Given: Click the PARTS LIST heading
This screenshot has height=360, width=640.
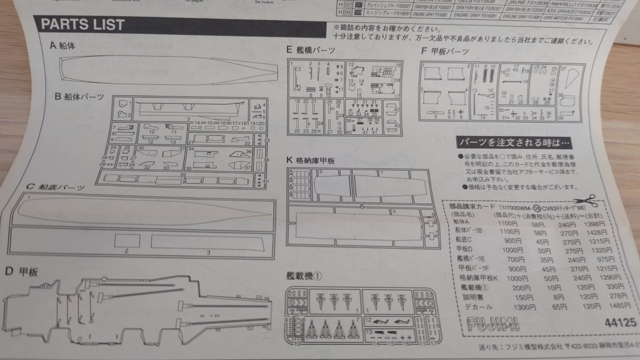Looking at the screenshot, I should [83, 24].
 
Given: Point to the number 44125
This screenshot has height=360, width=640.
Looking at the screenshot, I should [620, 323].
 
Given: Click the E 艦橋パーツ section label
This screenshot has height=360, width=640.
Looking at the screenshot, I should [310, 50].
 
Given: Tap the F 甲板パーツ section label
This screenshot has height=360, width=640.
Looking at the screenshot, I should [445, 51].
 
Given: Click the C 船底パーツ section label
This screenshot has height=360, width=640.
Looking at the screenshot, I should [55, 187].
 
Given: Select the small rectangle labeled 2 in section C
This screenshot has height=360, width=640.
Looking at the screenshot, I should [127, 241].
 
